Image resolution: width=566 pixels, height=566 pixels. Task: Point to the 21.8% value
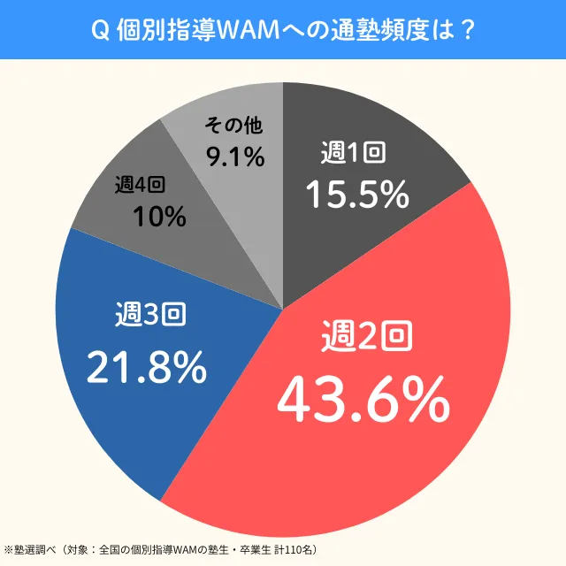[x=146, y=366]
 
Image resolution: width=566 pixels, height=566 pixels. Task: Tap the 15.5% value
[x=357, y=194]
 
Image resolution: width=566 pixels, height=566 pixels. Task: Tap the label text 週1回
[x=353, y=153]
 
